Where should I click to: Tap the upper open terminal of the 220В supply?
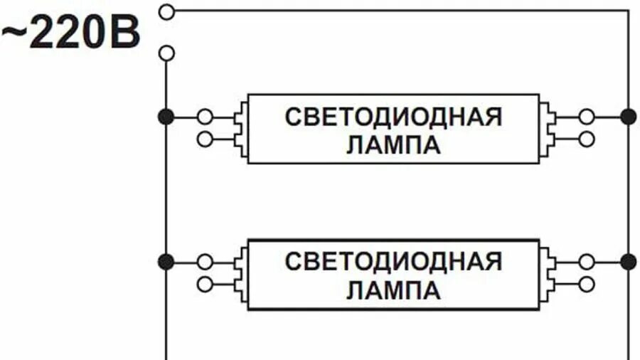coord(166,11)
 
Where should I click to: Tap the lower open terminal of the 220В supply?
coord(166,53)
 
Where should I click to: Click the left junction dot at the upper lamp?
coord(166,117)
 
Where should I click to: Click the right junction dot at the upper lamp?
coord(628,117)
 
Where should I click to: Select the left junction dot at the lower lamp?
coord(166,262)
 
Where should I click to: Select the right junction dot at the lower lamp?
coord(628,262)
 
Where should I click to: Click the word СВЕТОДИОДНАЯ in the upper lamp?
coord(393,117)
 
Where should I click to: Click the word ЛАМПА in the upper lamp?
coord(393,145)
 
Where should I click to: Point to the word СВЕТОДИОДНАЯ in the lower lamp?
coord(393,262)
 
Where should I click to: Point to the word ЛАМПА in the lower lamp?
coord(393,290)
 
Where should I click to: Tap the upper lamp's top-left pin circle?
coord(205,117)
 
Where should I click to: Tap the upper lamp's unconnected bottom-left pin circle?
coord(205,139)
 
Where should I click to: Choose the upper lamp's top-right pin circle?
coord(587,117)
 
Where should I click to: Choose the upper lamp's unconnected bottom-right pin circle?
coord(587,139)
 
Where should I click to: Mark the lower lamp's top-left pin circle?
coord(205,262)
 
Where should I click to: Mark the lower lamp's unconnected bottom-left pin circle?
coord(205,284)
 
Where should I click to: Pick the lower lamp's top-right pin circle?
coord(587,262)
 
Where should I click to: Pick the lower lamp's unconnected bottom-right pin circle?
coord(587,284)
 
